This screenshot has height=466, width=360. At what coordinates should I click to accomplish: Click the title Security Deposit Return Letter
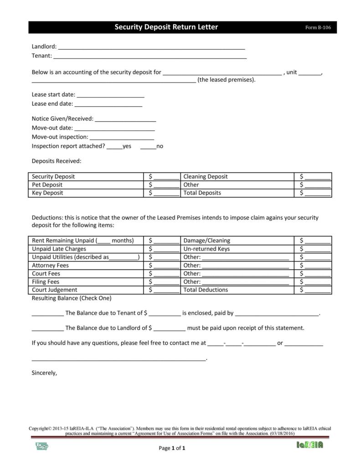pos(166,27)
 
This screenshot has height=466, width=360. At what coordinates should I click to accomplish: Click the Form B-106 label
pos(318,28)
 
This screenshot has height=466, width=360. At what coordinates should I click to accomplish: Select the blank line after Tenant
pos(150,57)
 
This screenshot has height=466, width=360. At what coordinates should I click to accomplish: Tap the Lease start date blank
pos(110,96)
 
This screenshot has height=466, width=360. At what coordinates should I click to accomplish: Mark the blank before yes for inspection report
pos(115,147)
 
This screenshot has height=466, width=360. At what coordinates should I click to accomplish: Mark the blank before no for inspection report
pos(148,147)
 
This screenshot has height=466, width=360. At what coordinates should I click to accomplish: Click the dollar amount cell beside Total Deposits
pos(315,193)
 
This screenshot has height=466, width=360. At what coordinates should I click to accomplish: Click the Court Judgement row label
pos(55,290)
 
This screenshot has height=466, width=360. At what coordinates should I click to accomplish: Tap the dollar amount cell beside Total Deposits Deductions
pos(315,290)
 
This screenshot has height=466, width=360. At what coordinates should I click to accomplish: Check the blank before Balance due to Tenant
pos(47,314)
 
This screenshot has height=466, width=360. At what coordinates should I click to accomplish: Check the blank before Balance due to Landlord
pos(47,329)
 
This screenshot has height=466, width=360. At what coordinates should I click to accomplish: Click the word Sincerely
pos(44,373)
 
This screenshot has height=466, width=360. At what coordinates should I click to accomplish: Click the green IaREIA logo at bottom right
pos(309,445)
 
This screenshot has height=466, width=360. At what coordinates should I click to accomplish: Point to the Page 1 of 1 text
pos(172,448)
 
